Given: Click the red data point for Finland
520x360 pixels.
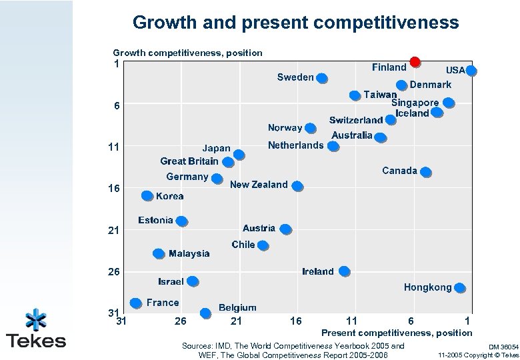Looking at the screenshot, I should pyautogui.click(x=415, y=62).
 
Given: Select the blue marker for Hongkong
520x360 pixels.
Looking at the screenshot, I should pyautogui.click(x=460, y=288).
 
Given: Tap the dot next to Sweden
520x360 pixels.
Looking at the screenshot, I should pyautogui.click(x=322, y=78).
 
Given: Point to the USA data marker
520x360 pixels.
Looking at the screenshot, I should pyautogui.click(x=471, y=71).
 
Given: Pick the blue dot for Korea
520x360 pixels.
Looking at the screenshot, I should pyautogui.click(x=147, y=196).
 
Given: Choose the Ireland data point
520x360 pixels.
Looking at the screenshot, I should pyautogui.click(x=344, y=271).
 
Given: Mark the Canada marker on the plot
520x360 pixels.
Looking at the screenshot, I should pyautogui.click(x=426, y=172).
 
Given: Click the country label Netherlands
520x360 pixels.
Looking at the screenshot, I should pyautogui.click(x=295, y=145).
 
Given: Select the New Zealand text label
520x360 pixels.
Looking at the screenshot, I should pyautogui.click(x=259, y=185).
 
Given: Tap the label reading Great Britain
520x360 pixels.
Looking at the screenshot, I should pyautogui.click(x=189, y=161).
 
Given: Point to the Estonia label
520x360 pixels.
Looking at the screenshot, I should pyautogui.click(x=155, y=220).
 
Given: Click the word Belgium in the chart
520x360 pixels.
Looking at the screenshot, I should pyautogui.click(x=237, y=307).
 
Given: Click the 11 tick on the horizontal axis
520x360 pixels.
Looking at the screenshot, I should pyautogui.click(x=351, y=321).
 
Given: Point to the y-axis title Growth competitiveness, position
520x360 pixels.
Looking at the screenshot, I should pyautogui.click(x=187, y=52).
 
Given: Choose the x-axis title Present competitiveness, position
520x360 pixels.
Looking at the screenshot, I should pyautogui.click(x=397, y=332).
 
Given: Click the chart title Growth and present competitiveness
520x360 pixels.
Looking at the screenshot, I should pyautogui.click(x=295, y=23).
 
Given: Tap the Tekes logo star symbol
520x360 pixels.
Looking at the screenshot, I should pyautogui.click(x=36, y=321).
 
